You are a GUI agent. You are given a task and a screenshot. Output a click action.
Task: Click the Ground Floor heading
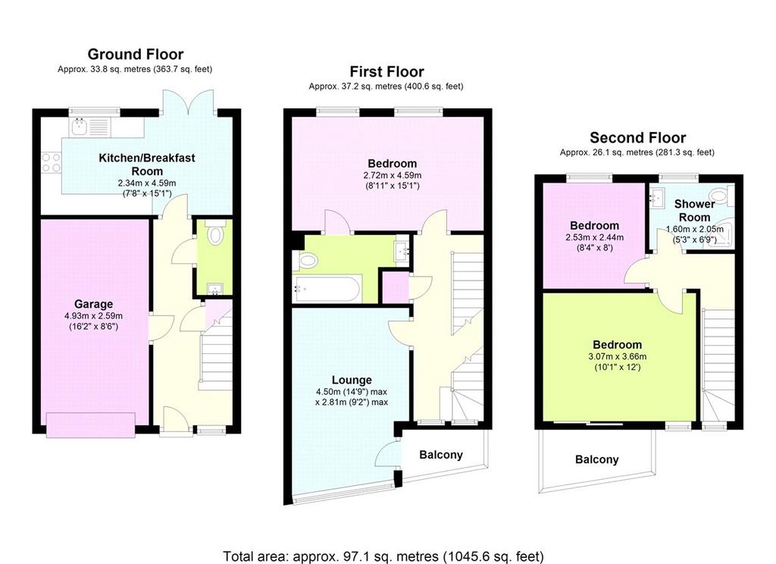coord(135,54)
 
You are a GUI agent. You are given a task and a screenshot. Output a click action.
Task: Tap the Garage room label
coord(93,304)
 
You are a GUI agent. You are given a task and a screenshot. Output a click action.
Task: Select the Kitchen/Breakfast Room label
coord(147,164)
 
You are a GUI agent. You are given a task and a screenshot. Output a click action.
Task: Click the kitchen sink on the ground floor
coord(79,127)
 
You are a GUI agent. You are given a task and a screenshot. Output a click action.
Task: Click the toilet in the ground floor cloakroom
coord(214,233)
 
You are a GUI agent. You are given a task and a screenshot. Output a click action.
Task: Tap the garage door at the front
coord(91,425)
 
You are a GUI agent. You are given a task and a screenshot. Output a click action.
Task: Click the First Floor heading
coord(386,72)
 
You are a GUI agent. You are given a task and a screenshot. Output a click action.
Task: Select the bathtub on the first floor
coord(327,289)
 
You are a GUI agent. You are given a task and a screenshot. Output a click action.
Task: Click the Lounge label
coord(352,380)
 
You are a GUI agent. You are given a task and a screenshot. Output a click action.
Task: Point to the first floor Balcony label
coord(440,455)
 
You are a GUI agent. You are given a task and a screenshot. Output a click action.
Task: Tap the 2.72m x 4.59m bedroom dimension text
coord(392,175)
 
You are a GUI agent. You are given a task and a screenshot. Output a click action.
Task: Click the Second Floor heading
coord(637,138)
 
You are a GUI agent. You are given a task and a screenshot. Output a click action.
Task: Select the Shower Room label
coord(694,211)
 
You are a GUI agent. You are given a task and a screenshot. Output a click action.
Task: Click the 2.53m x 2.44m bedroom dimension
coord(594,237)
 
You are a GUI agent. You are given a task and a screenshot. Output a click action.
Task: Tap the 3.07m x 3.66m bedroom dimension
coord(617,356)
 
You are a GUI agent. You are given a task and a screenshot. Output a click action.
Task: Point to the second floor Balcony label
coord(596,459)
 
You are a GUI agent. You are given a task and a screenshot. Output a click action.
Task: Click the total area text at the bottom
coord(383,556)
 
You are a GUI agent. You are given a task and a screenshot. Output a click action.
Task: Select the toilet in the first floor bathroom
coord(307,261)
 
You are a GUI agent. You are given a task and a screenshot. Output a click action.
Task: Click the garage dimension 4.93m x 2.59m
coord(93,315)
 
